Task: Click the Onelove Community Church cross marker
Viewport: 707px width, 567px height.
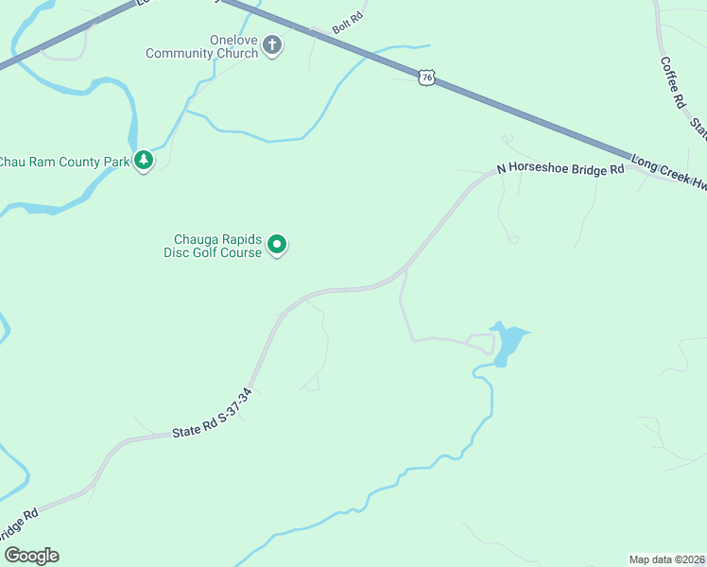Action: tap(272, 44)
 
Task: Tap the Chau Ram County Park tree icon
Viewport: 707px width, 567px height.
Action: tap(144, 161)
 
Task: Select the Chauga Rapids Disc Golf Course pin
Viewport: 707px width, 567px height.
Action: tap(277, 245)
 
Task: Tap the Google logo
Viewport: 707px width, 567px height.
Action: tap(31, 556)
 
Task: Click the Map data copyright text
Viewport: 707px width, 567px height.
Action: tap(666, 558)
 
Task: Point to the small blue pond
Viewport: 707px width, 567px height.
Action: tap(509, 342)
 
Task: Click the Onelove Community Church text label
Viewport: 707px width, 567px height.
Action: tap(201, 46)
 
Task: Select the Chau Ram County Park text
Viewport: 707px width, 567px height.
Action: tap(64, 162)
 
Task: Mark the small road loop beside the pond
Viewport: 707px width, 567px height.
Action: tap(481, 342)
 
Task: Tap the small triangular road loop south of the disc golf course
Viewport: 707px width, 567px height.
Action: tap(311, 383)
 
